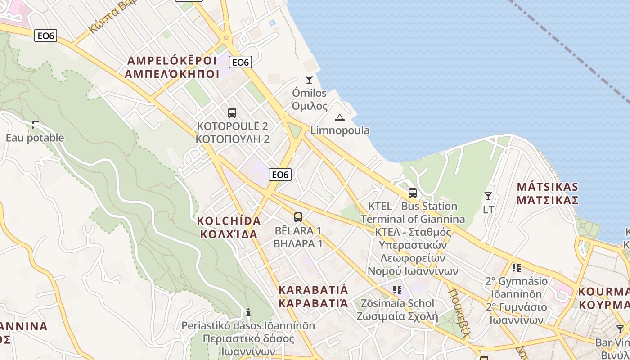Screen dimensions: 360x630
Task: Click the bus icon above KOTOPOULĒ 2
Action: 232,112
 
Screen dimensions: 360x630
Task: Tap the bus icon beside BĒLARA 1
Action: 298,217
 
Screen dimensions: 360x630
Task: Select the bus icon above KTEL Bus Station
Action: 412,193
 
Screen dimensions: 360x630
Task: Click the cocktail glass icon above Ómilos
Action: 309,80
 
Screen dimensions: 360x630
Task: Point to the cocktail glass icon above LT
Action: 488,196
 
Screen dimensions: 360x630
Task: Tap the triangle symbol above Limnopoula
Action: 339,118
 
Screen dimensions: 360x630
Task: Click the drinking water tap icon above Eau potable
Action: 35,124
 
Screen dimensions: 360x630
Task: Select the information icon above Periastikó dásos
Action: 248,312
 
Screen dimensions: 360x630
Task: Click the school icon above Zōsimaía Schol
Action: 397,289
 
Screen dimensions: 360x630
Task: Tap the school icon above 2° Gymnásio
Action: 516,268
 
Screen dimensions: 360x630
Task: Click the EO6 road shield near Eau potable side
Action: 46,36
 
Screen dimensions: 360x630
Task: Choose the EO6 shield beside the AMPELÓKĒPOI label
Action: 240,62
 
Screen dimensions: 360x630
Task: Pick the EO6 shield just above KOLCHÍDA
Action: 280,174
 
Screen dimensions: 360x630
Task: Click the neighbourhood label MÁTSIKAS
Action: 547,187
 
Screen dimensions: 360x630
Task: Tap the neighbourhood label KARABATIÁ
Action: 313,289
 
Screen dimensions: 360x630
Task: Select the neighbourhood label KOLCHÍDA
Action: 229,221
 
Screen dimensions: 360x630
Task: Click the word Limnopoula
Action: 340,130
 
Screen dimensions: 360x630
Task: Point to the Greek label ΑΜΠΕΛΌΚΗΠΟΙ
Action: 172,74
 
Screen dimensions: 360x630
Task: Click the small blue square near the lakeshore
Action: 271,22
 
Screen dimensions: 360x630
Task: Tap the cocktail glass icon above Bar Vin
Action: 620,329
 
